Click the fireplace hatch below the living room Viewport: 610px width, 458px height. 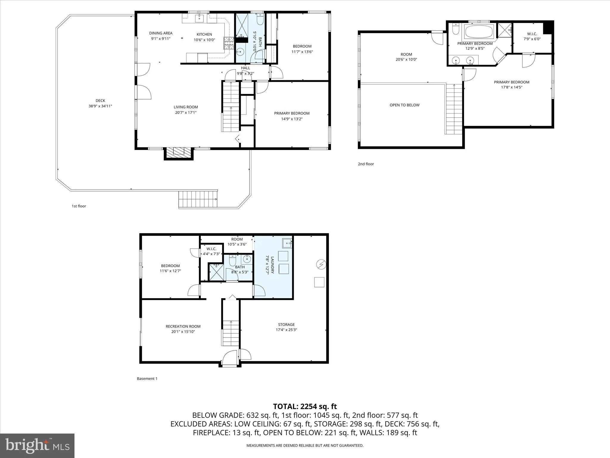coord(178,153)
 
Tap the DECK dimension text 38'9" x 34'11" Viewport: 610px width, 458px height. coord(100,106)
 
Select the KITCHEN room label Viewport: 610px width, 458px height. coord(204,35)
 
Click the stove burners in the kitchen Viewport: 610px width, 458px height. coord(229,43)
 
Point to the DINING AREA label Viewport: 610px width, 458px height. coord(161,33)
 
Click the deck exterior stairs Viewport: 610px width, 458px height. coord(198,199)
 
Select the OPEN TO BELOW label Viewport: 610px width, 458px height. coord(404,105)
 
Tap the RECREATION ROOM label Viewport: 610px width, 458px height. coord(183,327)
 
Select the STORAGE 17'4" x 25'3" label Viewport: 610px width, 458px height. coord(287,327)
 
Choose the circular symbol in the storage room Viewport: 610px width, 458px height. coord(321,264)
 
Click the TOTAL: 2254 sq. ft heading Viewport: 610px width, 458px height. coord(305,406)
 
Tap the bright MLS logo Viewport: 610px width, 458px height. coord(37,446)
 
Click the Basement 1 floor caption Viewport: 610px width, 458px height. coord(147,379)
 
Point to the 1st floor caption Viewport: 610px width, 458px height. coord(79,206)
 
